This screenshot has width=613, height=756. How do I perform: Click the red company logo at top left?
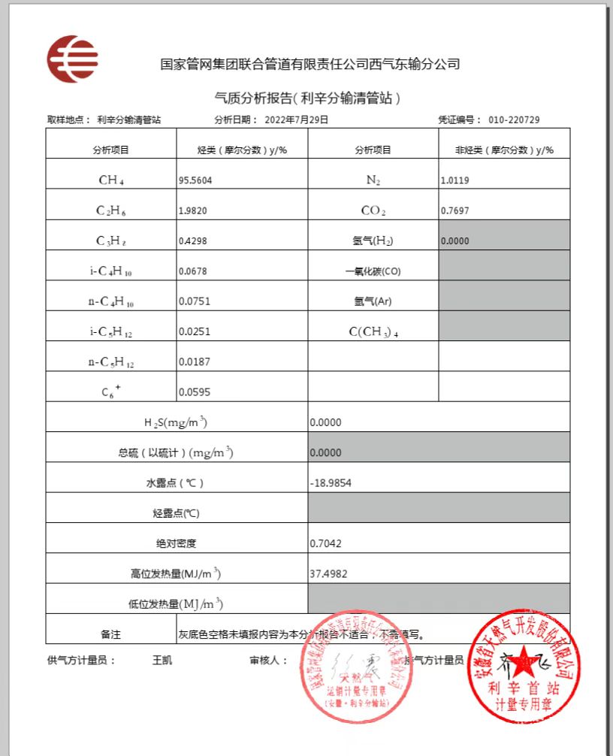point(72,59)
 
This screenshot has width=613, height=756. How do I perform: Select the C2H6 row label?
point(110,211)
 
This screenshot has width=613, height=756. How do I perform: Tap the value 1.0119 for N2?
point(454,180)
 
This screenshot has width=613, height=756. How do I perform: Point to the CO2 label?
point(373,211)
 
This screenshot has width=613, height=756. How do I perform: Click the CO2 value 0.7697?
point(454,211)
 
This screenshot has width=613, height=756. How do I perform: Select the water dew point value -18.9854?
point(330,483)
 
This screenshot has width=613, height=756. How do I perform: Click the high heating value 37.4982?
point(328,574)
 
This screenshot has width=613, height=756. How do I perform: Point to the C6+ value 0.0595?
point(194,392)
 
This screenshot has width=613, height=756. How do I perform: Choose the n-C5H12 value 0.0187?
point(194,362)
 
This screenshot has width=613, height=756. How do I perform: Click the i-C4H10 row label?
point(110,271)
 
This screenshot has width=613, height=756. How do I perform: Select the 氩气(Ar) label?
point(373,301)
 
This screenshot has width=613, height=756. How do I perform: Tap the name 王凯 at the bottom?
point(162,661)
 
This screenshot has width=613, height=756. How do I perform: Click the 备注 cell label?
point(110,635)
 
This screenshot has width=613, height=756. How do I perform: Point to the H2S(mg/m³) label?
point(176,422)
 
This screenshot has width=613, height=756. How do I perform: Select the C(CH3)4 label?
point(373,332)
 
